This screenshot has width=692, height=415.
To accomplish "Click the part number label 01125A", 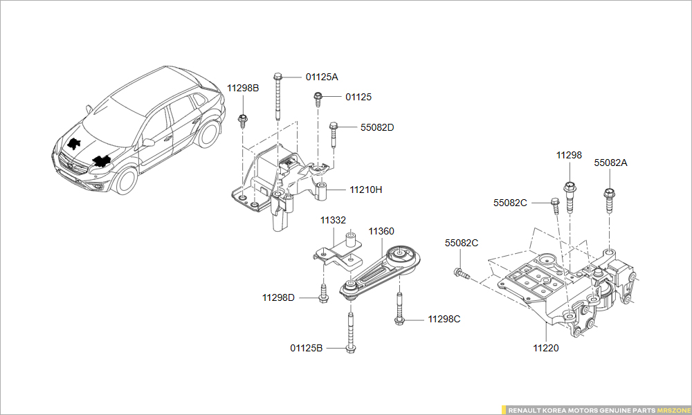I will [322, 77].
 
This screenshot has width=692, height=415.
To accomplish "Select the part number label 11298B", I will [243, 88].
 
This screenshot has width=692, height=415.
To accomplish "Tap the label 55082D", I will [377, 127].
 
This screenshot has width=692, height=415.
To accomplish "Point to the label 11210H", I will [366, 189].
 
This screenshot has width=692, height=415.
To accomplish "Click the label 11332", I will [333, 220].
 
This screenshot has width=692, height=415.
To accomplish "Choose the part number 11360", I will [381, 231].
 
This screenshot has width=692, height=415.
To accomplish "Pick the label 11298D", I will [278, 298].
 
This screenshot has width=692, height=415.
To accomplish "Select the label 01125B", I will [307, 348].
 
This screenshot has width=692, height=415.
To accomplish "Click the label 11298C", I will [444, 319].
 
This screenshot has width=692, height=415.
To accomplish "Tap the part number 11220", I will [546, 348].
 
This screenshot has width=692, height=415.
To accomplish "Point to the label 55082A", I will [610, 163].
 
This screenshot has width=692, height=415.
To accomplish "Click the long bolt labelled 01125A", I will [277, 97].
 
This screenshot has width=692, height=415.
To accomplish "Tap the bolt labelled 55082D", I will [334, 134].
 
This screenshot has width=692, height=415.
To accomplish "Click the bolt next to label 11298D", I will [323, 293].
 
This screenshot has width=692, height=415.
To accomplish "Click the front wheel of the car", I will [125, 179].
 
